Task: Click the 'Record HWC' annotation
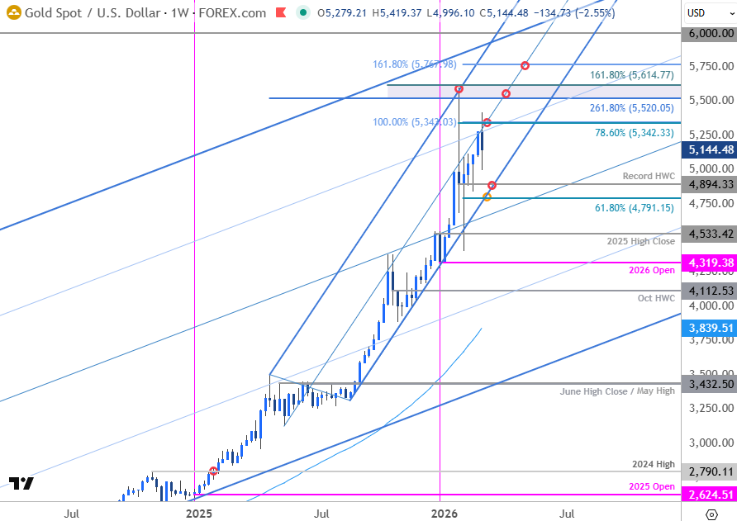point(649,176)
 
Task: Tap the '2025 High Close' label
point(642,241)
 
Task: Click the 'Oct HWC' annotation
point(656,297)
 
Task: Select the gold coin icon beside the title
point(12,13)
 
